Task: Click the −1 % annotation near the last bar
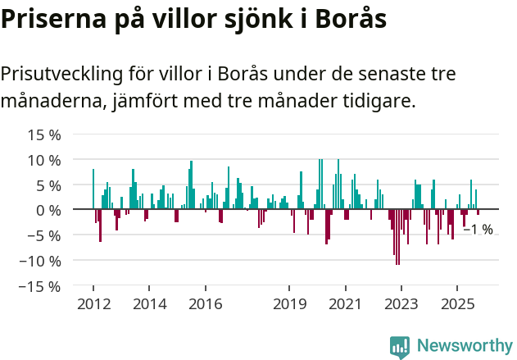click(478, 230)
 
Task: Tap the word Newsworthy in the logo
click(465, 346)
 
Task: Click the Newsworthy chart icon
click(400, 347)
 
